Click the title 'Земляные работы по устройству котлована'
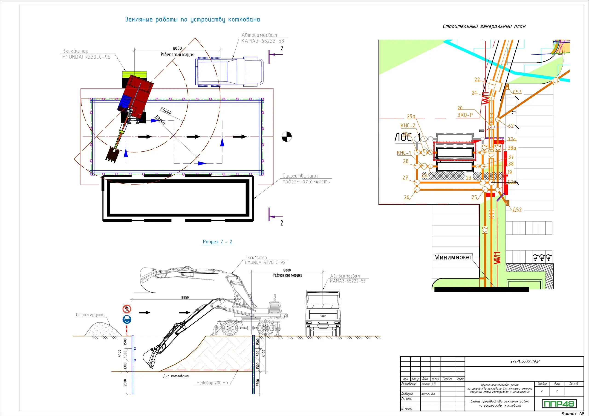click(x=192, y=20)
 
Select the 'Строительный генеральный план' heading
click(x=484, y=26)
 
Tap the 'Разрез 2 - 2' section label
click(x=217, y=242)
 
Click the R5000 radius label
click(x=166, y=111)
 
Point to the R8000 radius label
click(x=160, y=120)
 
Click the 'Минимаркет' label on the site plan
click(x=453, y=257)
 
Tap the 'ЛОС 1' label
click(x=407, y=138)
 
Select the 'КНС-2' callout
click(x=408, y=125)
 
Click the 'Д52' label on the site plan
click(x=517, y=209)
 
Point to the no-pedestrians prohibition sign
click(x=127, y=309)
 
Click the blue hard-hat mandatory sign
click(x=127, y=319)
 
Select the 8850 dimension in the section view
click(x=185, y=297)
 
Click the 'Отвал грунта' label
click(x=90, y=315)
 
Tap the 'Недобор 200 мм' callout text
click(x=212, y=383)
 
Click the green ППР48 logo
click(x=559, y=403)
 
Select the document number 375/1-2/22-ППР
click(x=524, y=361)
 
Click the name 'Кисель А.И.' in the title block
click(x=428, y=394)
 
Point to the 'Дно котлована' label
click(x=176, y=376)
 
